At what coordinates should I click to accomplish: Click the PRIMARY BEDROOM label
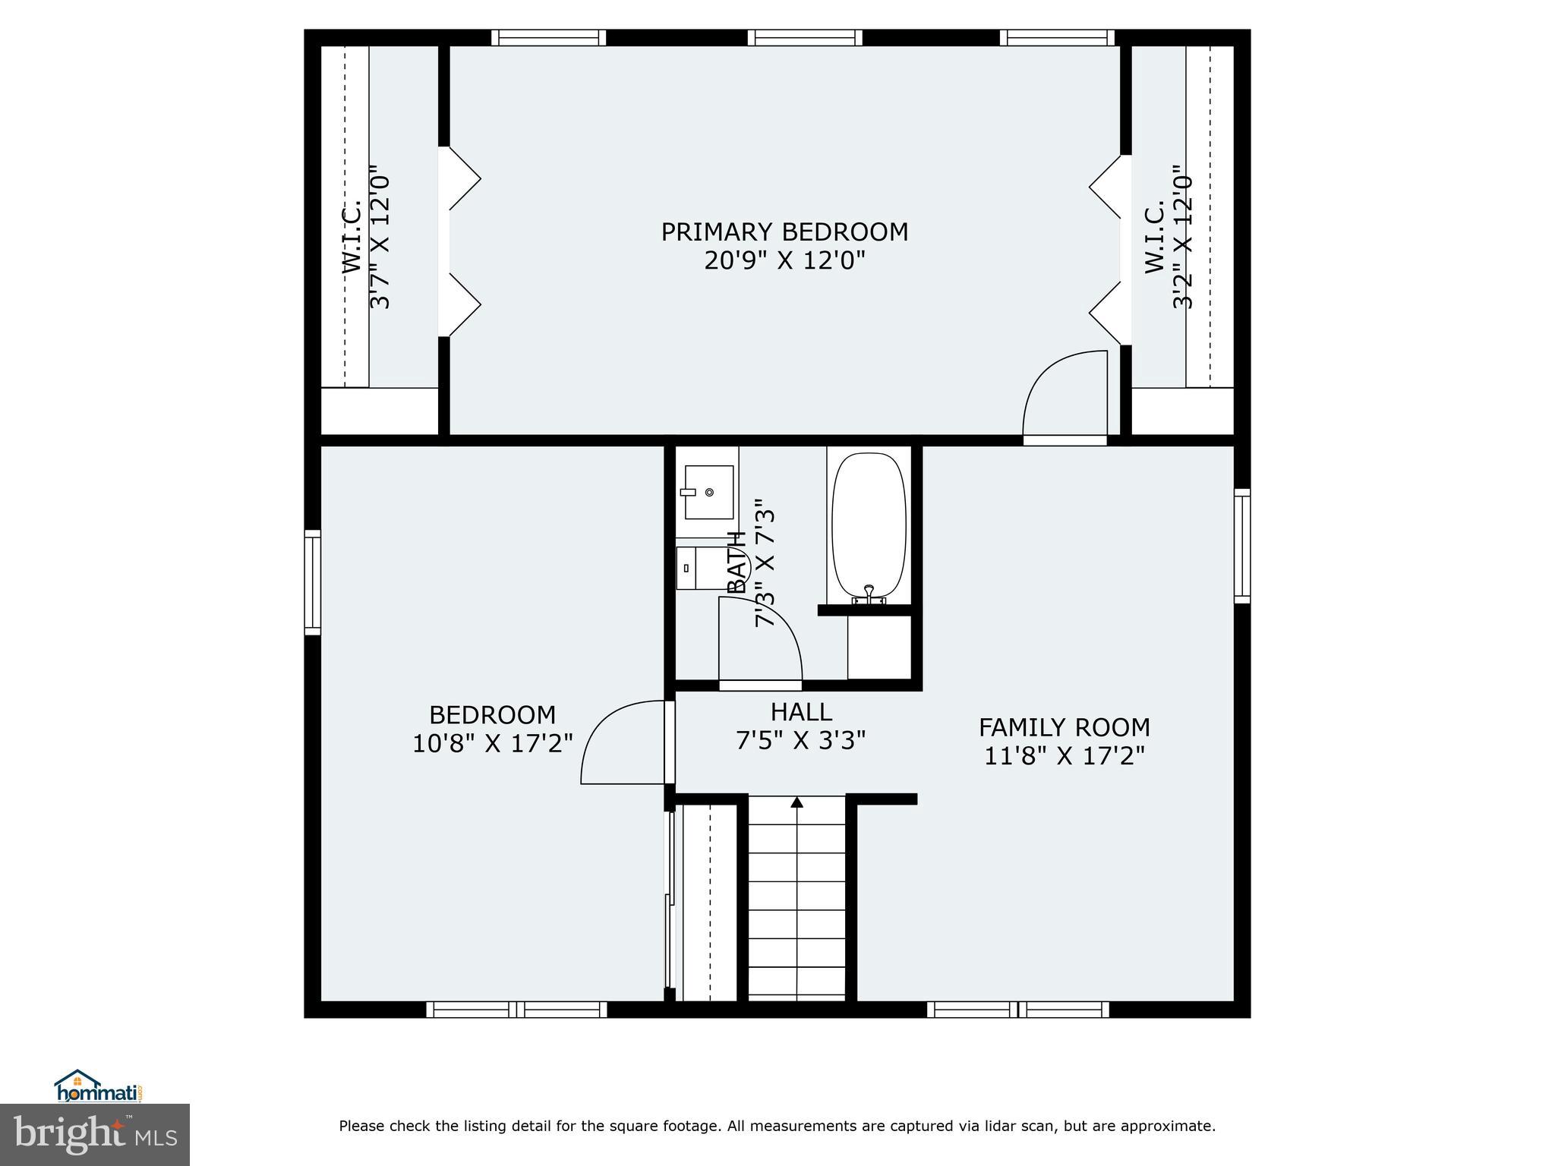(784, 232)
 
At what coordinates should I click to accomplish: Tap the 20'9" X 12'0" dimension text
(784, 260)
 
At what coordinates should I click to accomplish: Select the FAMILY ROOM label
(1064, 727)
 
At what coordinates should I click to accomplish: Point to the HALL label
(801, 711)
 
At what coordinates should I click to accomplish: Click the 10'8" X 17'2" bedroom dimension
(492, 742)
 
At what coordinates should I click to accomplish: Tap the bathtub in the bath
(869, 526)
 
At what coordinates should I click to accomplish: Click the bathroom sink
(708, 492)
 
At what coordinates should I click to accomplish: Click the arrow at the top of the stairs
(796, 802)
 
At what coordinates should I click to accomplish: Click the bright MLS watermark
(95, 1135)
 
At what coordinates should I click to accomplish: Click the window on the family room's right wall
(1242, 546)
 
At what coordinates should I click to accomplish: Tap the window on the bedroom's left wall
(312, 582)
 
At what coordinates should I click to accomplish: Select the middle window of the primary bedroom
(805, 38)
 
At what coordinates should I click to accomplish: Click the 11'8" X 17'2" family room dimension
(1064, 756)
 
